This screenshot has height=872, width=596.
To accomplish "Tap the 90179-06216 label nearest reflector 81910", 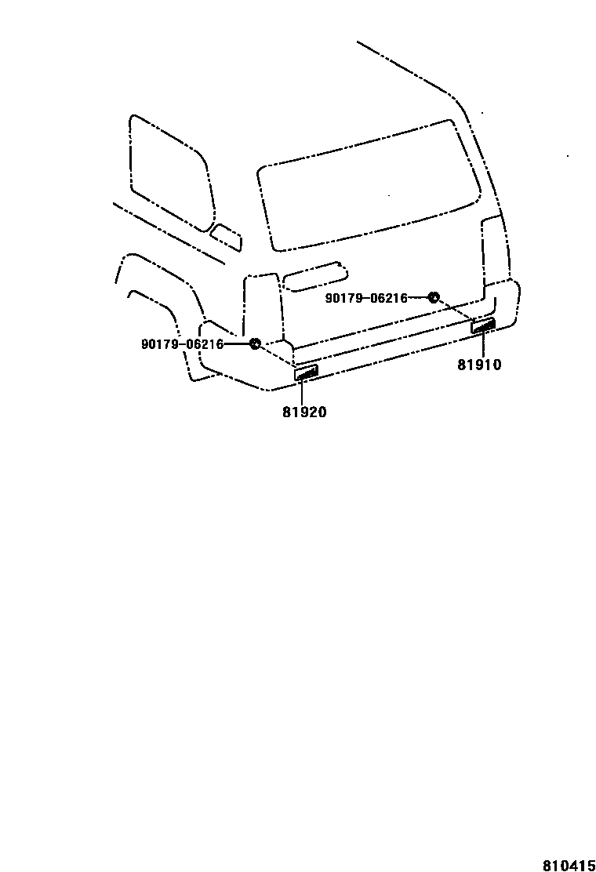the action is [366, 298].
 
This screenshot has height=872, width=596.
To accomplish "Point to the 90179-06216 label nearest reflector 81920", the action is [182, 344].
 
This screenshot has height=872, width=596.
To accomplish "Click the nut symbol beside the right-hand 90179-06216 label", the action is [433, 297].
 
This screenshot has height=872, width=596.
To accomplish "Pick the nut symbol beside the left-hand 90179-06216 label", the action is [254, 343].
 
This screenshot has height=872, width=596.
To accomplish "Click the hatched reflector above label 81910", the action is [483, 325].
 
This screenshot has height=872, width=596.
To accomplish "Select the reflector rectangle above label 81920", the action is [305, 372].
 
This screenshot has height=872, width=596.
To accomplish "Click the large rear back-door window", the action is [369, 188].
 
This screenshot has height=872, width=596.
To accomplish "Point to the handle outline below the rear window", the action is [314, 275].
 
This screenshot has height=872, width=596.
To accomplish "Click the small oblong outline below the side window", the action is [227, 237].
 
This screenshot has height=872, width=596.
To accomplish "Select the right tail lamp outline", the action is [492, 251].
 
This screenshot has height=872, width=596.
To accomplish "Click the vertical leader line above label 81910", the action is [482, 345].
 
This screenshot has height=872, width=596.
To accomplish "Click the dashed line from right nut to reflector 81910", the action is [455, 310].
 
